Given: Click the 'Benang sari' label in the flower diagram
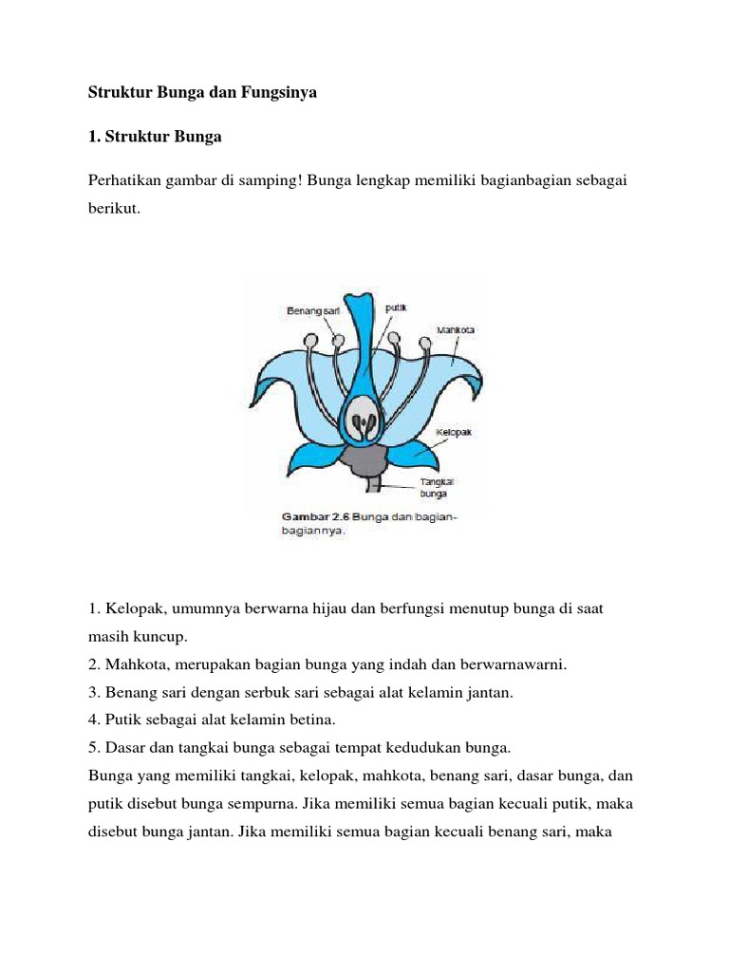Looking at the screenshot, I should coord(312,310).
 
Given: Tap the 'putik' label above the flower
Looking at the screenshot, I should coord(396,308).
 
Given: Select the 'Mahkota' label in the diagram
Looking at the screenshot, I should coord(455,330).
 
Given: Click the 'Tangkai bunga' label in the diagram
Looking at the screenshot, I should coord(434,488).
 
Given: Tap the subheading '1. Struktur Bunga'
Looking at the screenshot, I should coord(155,137).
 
